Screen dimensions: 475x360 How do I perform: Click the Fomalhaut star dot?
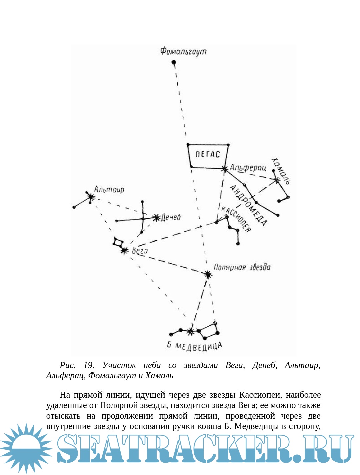point(174,62)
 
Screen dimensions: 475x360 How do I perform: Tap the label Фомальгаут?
point(183,51)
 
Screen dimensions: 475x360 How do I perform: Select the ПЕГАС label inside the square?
point(208,154)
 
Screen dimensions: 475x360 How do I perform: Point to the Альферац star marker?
point(225,169)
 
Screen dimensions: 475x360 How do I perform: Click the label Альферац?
point(248,168)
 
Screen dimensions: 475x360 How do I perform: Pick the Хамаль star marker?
point(276,180)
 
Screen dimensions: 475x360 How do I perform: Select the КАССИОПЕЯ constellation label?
point(236,219)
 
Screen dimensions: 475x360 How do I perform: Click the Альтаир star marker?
point(91,197)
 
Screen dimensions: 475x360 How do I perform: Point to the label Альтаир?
point(109,190)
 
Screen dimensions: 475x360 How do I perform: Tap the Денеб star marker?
point(156,218)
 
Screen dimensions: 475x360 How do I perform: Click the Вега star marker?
point(124,250)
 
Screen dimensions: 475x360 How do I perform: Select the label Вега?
point(140,251)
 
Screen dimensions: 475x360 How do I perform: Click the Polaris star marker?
point(208,274)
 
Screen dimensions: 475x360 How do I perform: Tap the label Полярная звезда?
point(242,267)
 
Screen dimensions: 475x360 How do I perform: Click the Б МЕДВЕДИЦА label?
point(194,346)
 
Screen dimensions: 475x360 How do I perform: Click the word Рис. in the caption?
point(68,365)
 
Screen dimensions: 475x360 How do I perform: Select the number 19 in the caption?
point(88,365)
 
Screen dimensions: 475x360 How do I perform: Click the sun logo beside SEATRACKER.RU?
point(26,448)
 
